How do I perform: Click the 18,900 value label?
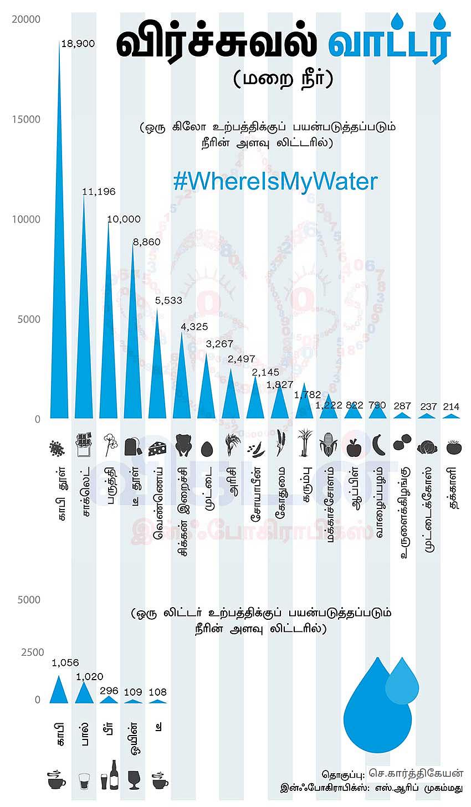point(78,44)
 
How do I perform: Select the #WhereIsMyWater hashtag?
point(275,182)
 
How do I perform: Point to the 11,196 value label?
point(99,192)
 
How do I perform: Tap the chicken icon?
point(183,445)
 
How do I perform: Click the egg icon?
point(207,446)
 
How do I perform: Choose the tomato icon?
point(451,446)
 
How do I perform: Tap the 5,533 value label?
point(168,300)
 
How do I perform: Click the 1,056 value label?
point(65,662)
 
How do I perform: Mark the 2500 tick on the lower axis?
point(32,652)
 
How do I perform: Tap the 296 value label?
point(109,691)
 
